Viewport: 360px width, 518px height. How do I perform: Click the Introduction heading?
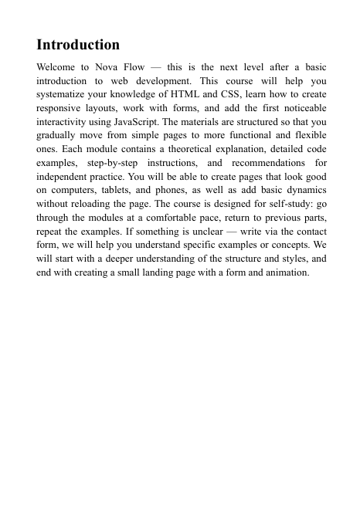click(x=78, y=45)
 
